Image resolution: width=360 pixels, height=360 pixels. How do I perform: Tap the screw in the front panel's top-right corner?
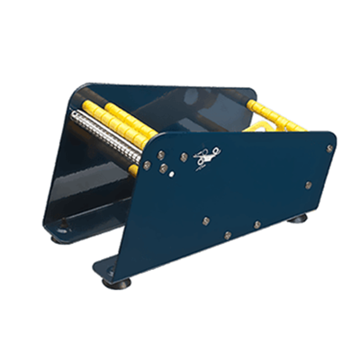click(329, 148)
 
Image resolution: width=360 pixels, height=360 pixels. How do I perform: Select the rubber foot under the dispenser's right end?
click(296, 218)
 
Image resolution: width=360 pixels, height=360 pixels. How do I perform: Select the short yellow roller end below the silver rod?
click(133, 168)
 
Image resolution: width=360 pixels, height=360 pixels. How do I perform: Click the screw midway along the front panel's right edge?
click(309, 184)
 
